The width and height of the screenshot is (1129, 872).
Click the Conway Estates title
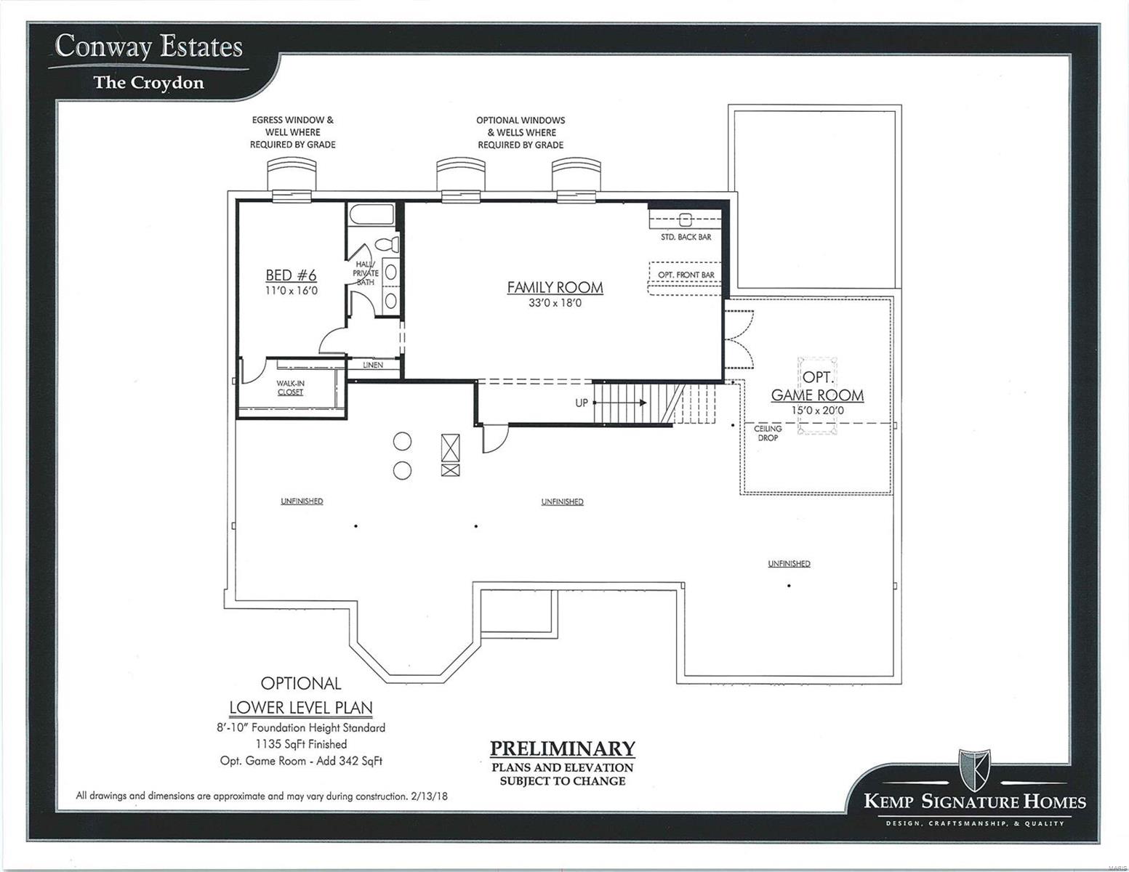pos(148,47)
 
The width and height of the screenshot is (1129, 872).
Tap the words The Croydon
pos(148,83)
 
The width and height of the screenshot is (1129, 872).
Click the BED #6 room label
pos(291,275)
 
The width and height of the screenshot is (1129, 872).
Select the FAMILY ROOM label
pos(555,287)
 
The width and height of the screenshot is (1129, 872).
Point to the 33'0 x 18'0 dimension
pos(555,304)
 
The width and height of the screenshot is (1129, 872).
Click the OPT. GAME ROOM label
pos(817,387)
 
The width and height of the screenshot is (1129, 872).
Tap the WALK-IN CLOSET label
pos(290,387)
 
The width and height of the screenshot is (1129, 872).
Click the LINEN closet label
pos(373,365)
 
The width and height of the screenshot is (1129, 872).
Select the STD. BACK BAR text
pos(686,237)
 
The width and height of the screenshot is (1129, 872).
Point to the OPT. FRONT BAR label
pos(686,275)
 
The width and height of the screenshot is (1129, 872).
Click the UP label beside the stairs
pos(582,403)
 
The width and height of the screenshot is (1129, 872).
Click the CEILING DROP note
pos(768,433)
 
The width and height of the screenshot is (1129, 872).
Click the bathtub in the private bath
pos(371,215)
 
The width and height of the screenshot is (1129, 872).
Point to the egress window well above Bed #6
pos(292,175)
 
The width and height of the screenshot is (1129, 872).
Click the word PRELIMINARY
pos(562,748)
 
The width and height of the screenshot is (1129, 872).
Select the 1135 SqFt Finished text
pos(301,744)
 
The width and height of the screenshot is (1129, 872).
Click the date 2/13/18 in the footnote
pos(429,796)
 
